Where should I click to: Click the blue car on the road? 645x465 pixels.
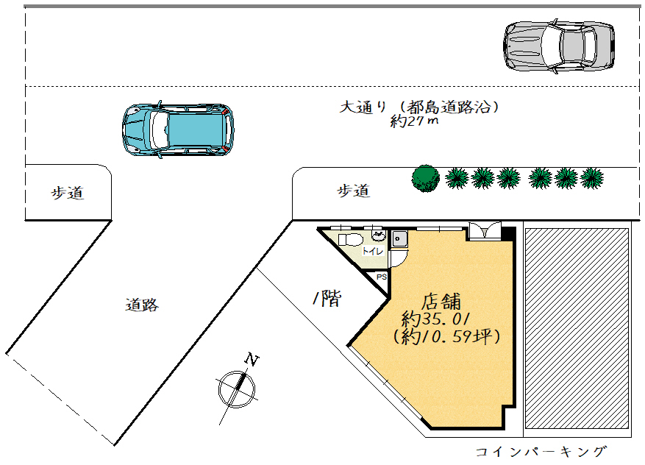point(178,129)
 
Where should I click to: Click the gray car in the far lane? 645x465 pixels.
point(559,46)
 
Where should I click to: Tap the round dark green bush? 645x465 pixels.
point(426,179)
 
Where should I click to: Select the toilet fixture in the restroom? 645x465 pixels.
point(350,240)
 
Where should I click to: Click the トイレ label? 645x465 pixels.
point(373,251)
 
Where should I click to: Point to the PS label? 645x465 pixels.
point(382,277)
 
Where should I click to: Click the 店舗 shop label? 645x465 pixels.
point(441,302)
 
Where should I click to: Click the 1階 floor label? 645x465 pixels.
point(327,298)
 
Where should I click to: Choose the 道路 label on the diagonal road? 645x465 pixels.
point(142,305)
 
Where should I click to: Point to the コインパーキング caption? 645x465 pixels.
point(541,452)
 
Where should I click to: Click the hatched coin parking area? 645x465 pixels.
point(577,328)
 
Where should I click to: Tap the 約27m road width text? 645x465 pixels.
point(414,121)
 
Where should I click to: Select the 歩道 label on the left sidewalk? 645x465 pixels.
point(68,193)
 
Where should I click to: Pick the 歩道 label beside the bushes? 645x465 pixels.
point(354,191)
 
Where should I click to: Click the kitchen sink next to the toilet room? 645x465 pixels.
point(399,239)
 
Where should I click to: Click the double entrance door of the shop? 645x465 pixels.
point(485,231)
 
